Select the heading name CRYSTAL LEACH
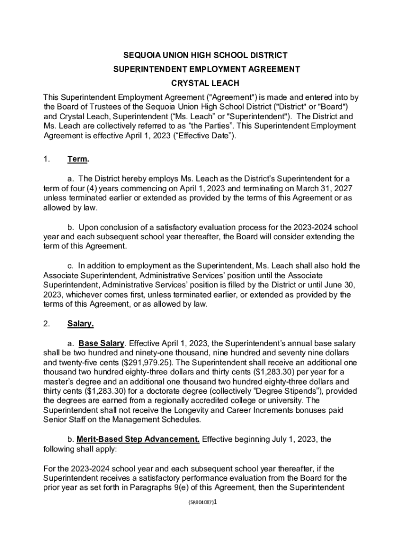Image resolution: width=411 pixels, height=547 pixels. (x=205, y=83)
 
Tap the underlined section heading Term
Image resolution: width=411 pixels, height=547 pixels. (x=78, y=159)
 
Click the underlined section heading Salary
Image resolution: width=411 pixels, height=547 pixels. (x=81, y=324)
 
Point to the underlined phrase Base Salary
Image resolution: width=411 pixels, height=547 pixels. (x=102, y=343)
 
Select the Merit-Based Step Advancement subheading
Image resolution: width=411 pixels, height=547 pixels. (x=138, y=439)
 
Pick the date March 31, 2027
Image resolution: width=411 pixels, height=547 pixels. (x=318, y=188)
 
